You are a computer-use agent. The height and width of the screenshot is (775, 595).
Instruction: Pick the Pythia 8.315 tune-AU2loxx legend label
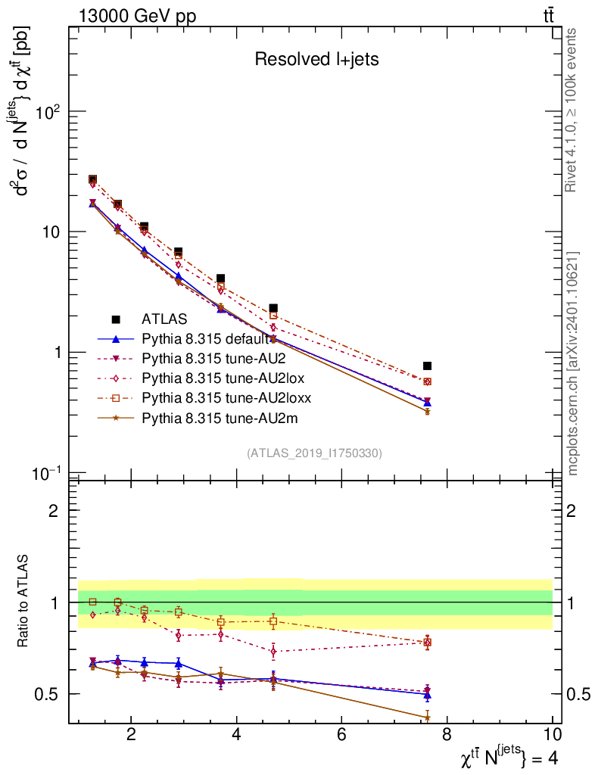[226, 397]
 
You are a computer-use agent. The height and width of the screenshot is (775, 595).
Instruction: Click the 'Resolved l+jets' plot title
[316, 60]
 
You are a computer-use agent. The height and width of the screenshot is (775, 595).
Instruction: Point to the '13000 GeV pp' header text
[137, 17]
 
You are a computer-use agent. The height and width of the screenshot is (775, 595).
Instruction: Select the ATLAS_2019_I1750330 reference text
[314, 453]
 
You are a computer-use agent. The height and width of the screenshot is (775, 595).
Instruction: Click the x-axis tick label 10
[552, 734]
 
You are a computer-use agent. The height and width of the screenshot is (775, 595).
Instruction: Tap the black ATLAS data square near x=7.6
[427, 366]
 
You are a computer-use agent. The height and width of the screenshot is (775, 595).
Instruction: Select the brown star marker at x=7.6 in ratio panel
[427, 717]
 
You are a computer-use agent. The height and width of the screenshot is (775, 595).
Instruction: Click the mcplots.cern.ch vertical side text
[573, 363]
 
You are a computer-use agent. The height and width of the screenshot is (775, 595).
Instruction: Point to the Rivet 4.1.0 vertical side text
[573, 110]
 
